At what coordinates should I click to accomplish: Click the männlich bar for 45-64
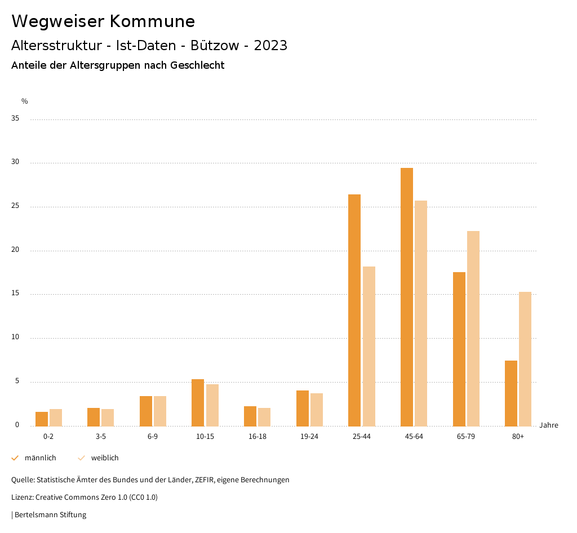[407, 297]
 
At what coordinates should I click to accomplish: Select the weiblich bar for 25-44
[369, 346]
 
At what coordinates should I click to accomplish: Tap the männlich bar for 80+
[511, 393]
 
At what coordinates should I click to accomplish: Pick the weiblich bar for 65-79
[473, 328]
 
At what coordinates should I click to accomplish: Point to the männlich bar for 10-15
[198, 402]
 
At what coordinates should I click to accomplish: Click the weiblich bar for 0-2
[56, 417]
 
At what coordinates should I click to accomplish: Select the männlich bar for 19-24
[303, 408]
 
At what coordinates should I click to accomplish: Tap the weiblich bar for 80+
[525, 359]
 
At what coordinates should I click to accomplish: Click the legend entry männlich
[40, 458]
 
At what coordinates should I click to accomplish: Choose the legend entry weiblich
[105, 458]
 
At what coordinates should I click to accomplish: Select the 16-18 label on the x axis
[258, 437]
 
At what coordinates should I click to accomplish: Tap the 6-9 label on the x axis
[153, 437]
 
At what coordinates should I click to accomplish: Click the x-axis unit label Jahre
[549, 425]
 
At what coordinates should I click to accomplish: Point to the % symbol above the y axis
[25, 101]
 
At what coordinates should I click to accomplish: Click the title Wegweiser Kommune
[103, 21]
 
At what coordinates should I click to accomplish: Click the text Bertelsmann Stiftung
[50, 515]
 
